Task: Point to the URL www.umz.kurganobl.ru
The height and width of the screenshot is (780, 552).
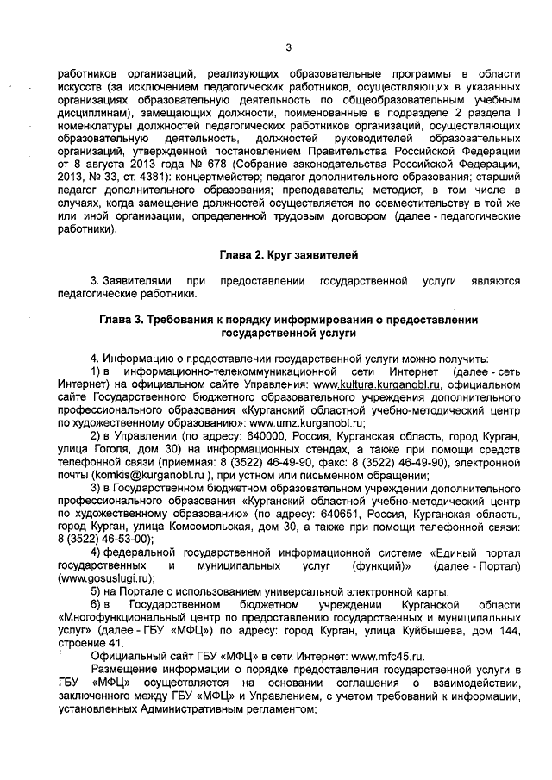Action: [x=308, y=424]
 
